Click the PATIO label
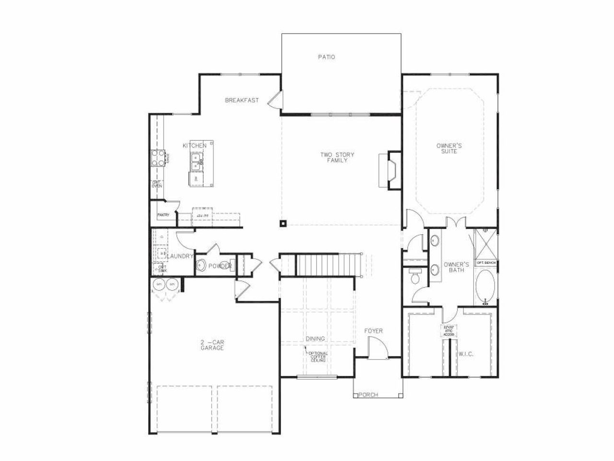(x=326, y=57)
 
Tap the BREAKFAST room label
(x=242, y=100)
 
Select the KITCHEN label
(x=194, y=146)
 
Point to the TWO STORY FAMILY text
(x=337, y=158)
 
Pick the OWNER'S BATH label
(x=456, y=267)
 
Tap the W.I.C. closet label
(x=466, y=354)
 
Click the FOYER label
(x=373, y=331)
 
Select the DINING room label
(x=315, y=339)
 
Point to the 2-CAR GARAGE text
(x=212, y=345)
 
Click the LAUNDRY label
(x=180, y=256)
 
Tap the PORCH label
(x=368, y=395)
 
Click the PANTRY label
(x=163, y=215)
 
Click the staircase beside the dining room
(x=326, y=265)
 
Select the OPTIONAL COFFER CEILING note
(x=318, y=357)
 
